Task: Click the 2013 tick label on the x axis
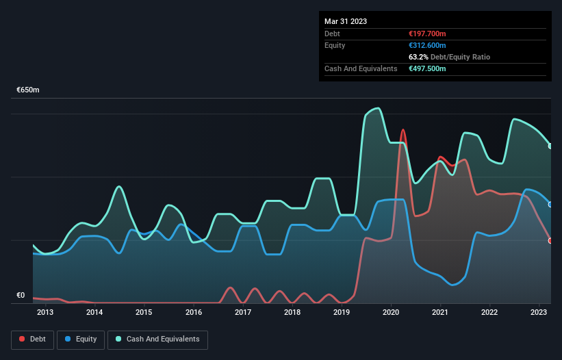tap(45, 313)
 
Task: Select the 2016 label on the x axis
tap(194, 313)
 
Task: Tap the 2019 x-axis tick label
tap(342, 313)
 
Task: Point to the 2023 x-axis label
tap(539, 313)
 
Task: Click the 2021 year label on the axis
tap(440, 313)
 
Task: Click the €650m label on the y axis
tap(28, 90)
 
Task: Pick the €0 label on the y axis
tap(21, 296)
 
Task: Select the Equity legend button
tap(81, 339)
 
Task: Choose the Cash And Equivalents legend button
tap(157, 339)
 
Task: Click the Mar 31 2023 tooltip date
tap(346, 21)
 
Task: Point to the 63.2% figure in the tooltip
tap(417, 57)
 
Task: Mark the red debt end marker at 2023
tap(550, 240)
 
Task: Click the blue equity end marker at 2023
tap(550, 204)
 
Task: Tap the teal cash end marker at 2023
tap(550, 146)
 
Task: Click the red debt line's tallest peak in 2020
tap(403, 129)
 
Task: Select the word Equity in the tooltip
tap(335, 45)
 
